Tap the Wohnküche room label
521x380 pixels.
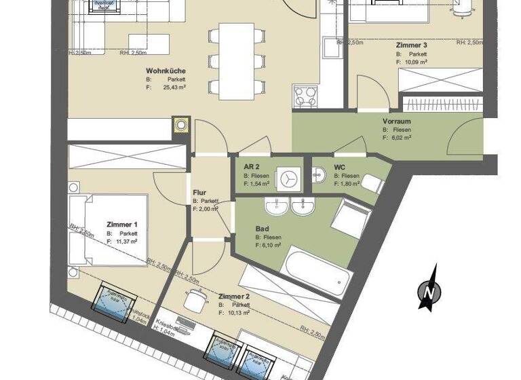pos(166,71)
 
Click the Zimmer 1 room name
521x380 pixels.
pos(122,225)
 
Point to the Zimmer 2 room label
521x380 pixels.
pos(235,297)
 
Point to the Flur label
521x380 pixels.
pos(199,193)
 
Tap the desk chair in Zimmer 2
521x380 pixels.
pos(196,298)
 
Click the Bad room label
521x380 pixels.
pos(263,229)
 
